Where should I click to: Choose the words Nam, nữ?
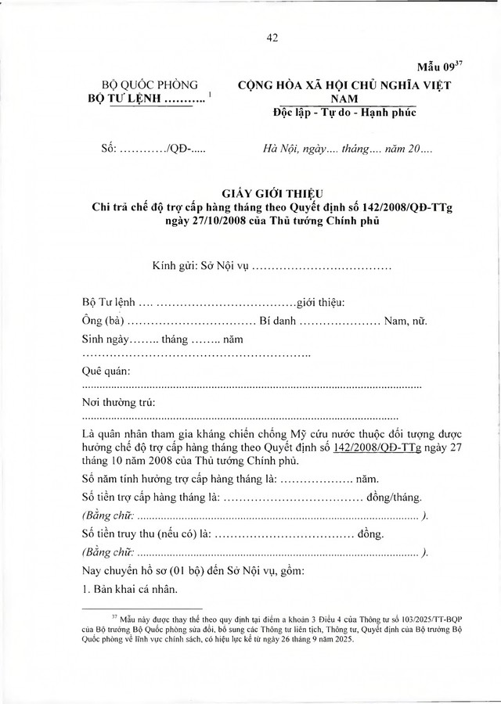pos(406,321)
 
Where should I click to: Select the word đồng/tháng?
pos(395,497)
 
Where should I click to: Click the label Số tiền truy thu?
pos(146,534)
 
